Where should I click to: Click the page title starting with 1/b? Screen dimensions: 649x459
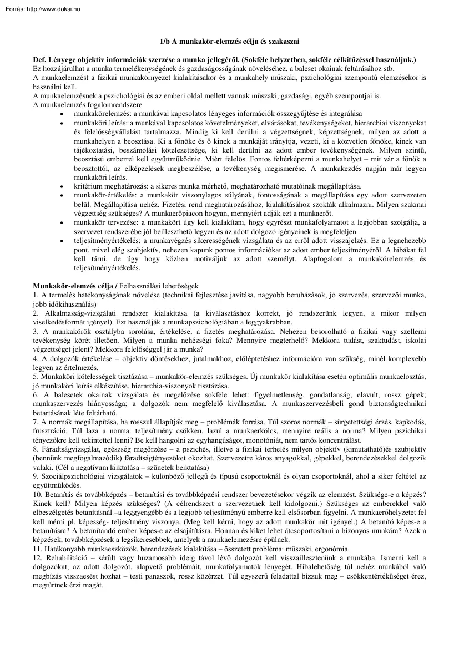coord(229,42)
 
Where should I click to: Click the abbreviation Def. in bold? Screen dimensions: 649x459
coord(41,59)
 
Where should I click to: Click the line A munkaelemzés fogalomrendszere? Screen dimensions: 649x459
coord(88,104)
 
